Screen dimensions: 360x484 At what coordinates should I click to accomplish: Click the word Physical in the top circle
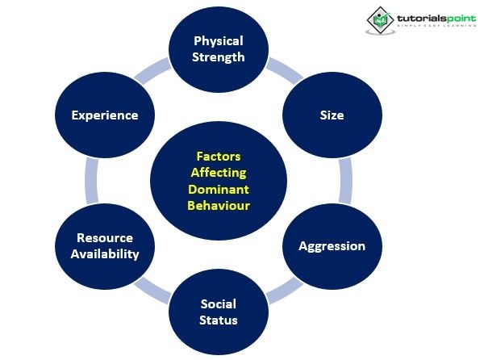click(x=218, y=41)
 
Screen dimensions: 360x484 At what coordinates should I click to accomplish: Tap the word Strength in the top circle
click(x=218, y=57)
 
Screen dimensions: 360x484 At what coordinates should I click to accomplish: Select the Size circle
click(x=332, y=115)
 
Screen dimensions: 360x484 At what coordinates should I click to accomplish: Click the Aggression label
click(x=332, y=245)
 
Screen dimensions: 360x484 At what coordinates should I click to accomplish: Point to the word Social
click(x=218, y=303)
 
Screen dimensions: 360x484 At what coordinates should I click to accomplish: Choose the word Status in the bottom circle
click(x=218, y=320)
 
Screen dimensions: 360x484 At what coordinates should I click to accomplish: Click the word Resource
click(x=104, y=238)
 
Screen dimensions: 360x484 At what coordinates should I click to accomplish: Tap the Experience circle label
click(x=104, y=115)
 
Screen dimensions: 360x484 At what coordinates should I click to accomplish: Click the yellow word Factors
click(x=218, y=157)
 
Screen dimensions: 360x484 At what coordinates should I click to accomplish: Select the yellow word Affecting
click(x=218, y=173)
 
